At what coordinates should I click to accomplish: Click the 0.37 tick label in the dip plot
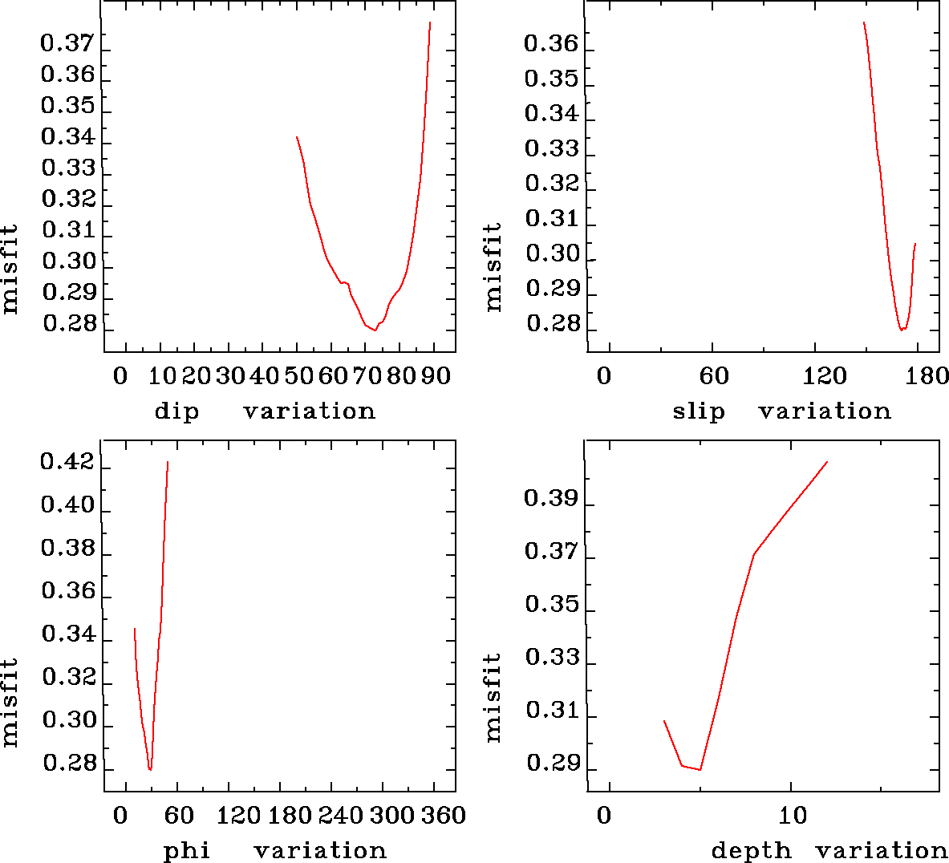[67, 43]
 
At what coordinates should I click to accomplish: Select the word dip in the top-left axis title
[176, 412]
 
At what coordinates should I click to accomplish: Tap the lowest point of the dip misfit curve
[375, 330]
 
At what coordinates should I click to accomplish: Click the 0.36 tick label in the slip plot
[551, 43]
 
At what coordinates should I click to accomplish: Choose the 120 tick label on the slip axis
[825, 376]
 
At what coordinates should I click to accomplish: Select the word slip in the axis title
[698, 412]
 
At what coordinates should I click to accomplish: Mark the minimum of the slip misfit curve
[902, 330]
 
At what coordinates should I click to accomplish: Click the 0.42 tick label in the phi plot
[68, 464]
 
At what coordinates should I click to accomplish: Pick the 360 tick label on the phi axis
[444, 816]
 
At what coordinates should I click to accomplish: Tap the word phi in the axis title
[187, 851]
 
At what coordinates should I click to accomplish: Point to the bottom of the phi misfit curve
[150, 769]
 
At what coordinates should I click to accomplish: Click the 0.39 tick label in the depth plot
[551, 499]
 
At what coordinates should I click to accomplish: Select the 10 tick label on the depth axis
[793, 816]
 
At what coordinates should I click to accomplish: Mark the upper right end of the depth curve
[826, 462]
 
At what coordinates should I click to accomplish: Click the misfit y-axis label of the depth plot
[493, 696]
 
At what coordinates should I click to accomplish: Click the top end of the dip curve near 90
[430, 22]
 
